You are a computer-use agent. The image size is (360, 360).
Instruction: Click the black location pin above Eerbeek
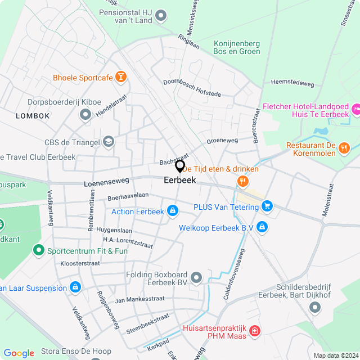tap(180, 166)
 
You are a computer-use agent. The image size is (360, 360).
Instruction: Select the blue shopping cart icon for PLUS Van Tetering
tap(267, 206)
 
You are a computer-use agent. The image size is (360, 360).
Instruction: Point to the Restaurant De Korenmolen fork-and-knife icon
tap(344, 148)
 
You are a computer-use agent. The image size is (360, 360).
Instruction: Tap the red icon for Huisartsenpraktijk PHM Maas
tap(255, 331)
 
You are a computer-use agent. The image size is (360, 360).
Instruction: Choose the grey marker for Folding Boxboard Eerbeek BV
tap(196, 277)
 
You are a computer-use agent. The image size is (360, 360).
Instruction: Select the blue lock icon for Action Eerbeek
tap(173, 211)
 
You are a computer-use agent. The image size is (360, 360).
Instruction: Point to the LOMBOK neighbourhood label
tap(33, 115)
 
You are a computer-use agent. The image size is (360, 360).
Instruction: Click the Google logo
tap(19, 353)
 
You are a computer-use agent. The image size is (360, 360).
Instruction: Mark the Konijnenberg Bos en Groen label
tap(237, 47)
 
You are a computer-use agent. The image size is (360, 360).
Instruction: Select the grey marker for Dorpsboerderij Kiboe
tap(85, 115)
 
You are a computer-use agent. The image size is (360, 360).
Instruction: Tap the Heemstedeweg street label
tap(292, 83)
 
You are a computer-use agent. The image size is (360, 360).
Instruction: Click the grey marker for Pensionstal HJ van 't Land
tap(161, 15)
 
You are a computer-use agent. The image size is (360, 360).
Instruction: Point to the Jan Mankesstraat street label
tap(139, 299)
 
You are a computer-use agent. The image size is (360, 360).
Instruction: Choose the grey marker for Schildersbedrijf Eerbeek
tap(314, 307)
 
